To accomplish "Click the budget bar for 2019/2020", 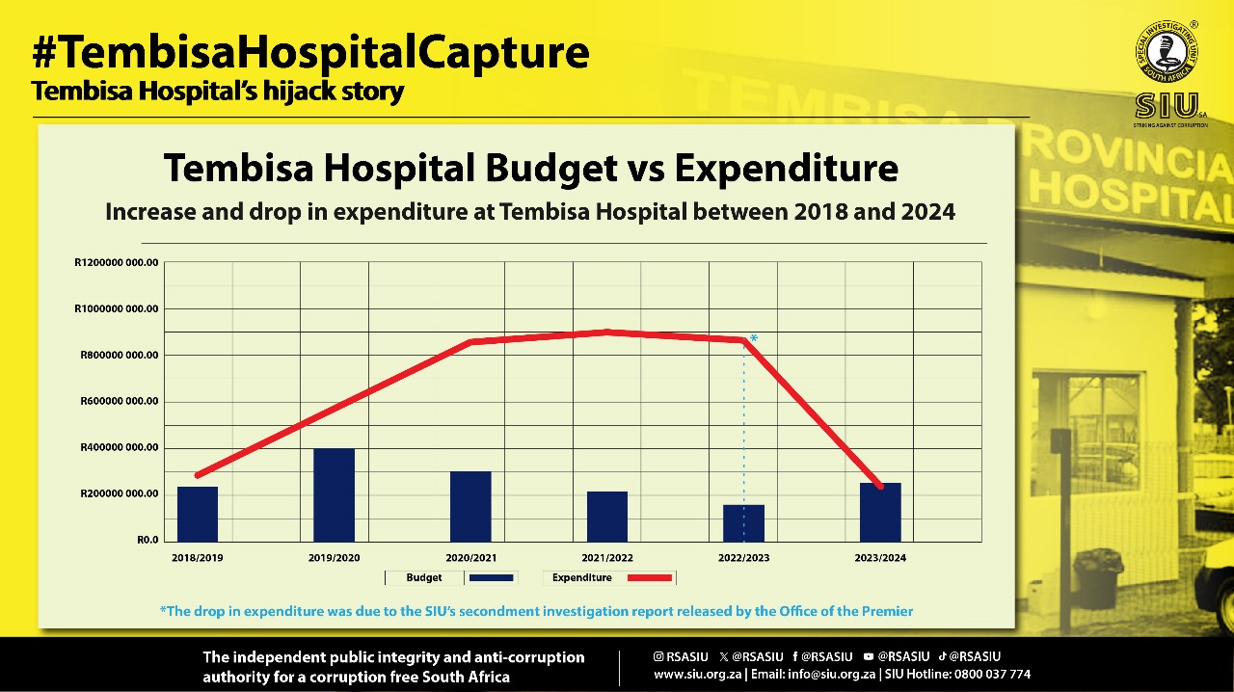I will (334, 494).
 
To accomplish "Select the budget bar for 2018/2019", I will (197, 514).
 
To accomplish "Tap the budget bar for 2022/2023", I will (743, 522).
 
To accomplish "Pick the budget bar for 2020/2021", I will (470, 506).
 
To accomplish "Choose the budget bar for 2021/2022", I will (607, 517).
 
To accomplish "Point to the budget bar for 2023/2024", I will (880, 512).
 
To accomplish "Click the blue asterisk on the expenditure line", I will (754, 338).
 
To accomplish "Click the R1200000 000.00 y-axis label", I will (116, 262).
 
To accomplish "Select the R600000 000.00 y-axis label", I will (119, 402).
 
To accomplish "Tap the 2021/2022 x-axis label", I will (607, 558).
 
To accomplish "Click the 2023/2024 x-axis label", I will (879, 558).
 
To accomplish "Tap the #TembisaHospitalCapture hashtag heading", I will (309, 52).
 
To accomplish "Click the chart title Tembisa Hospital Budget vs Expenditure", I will (530, 169).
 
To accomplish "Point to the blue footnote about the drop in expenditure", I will (535, 611).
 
